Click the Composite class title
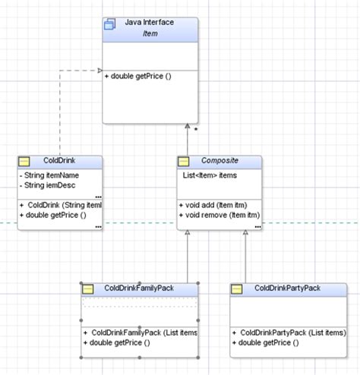point(219,161)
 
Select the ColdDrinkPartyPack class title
point(289,288)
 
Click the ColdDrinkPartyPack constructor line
point(289,332)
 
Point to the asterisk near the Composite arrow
point(197,131)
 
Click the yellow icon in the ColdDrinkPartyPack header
point(237,289)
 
